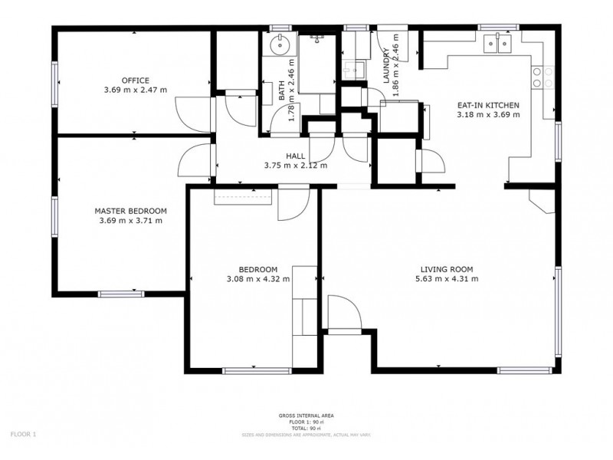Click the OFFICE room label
click(x=135, y=80)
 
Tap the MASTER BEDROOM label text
click(x=130, y=210)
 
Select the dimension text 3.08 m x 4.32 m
click(x=257, y=279)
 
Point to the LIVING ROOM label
click(x=446, y=269)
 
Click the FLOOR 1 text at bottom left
click(x=23, y=434)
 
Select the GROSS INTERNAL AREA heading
click(x=306, y=416)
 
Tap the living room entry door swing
click(x=342, y=313)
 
